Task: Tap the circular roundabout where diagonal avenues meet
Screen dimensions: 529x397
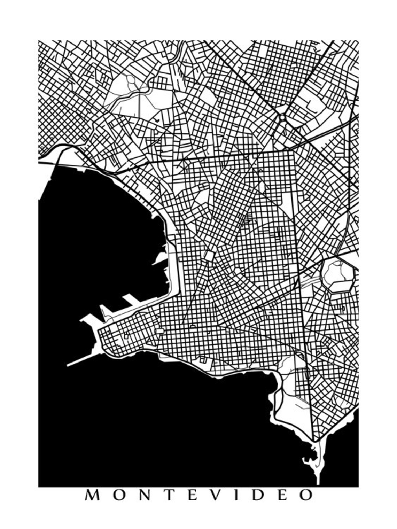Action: click(282, 118)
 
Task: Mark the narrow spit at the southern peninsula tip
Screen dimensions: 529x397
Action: click(318, 467)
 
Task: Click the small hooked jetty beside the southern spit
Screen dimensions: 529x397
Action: click(308, 460)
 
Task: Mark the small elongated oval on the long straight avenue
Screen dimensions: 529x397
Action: click(307, 373)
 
